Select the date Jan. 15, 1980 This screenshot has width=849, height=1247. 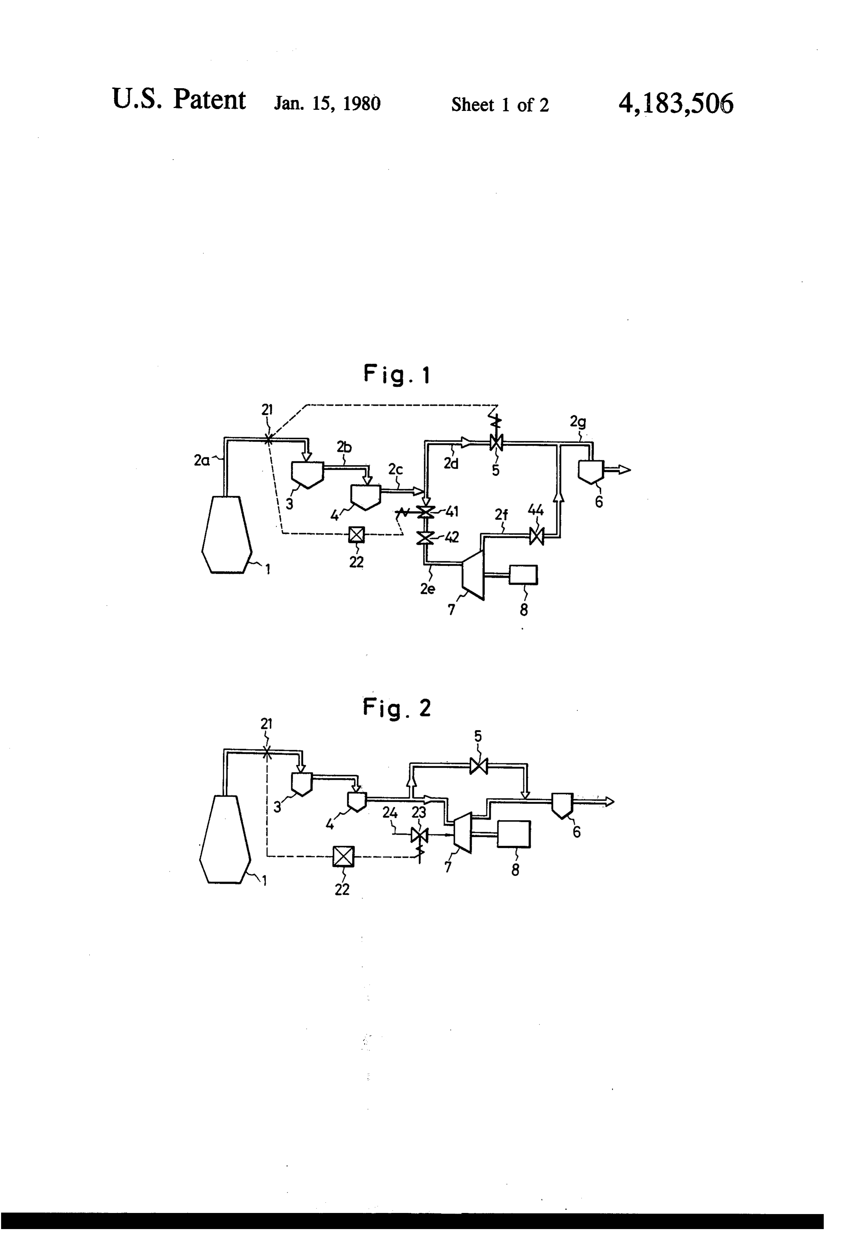328,103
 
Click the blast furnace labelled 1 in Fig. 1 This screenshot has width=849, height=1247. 227,535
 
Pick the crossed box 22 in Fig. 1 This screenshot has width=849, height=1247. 356,535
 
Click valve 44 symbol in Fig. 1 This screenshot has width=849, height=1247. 536,536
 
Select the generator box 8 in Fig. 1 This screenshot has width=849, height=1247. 523,575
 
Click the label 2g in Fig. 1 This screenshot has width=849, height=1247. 577,422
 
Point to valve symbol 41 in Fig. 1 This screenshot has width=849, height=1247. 426,512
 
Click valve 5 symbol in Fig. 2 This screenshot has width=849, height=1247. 478,766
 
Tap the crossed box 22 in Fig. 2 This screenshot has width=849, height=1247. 343,856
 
